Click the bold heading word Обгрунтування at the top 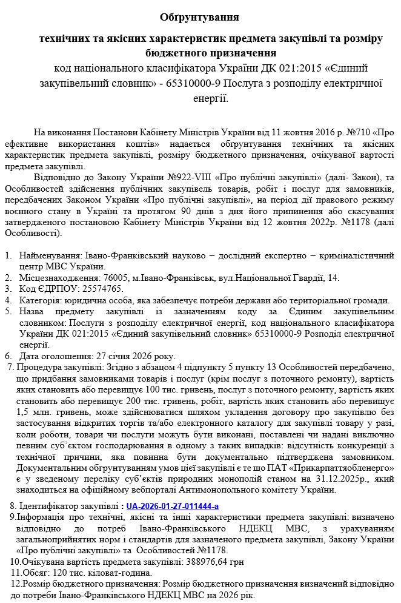(200, 17)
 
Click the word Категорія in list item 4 (39, 300)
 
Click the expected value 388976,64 (206, 562)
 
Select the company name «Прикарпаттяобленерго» (348, 468)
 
